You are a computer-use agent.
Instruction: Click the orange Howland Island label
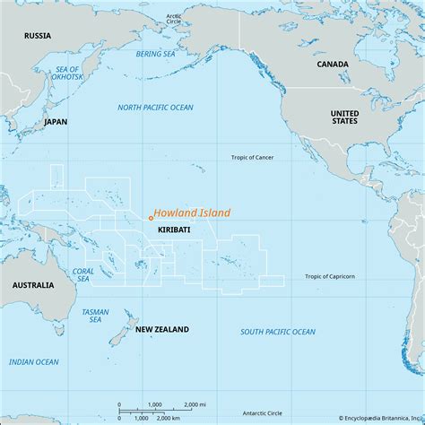point(191,213)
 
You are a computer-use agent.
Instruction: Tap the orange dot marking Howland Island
point(150,217)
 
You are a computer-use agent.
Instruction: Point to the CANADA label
point(333,65)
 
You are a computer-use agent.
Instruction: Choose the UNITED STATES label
point(346,118)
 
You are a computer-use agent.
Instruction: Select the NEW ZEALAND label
point(161,330)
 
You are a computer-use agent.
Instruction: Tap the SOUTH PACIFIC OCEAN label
point(278,332)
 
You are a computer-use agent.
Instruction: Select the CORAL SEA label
point(82,273)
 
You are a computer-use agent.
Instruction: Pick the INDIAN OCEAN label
point(33,361)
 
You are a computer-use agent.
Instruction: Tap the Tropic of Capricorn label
point(330,276)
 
